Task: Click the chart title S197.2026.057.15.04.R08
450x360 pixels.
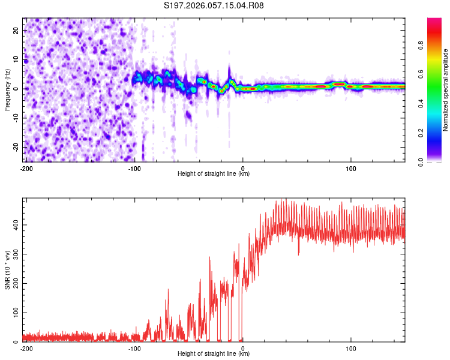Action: (214, 6)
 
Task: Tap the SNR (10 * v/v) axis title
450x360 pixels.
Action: (7, 271)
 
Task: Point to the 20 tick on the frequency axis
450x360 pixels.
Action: (16, 30)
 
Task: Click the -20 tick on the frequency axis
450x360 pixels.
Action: (14, 147)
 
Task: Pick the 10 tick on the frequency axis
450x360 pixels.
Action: (16, 59)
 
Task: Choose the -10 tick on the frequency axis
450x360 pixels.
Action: (14, 118)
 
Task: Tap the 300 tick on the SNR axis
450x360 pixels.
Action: (14, 254)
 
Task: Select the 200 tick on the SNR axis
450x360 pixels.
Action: (14, 283)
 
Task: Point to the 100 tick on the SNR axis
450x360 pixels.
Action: (14, 313)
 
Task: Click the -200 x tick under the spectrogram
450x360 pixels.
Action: (26, 169)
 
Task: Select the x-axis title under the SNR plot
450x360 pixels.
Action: (214, 354)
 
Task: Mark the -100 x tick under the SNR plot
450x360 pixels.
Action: (134, 348)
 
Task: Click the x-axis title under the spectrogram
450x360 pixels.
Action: (214, 174)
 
